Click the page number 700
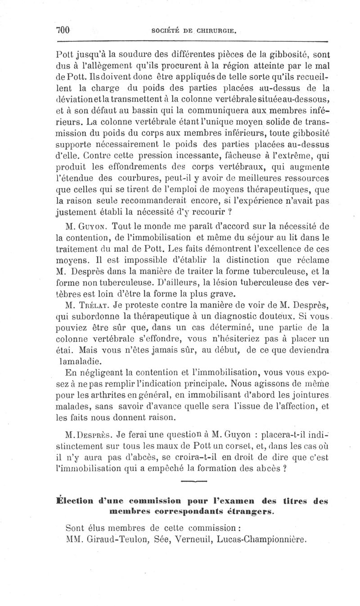(x=63, y=31)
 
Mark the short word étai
(x=72, y=349)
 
